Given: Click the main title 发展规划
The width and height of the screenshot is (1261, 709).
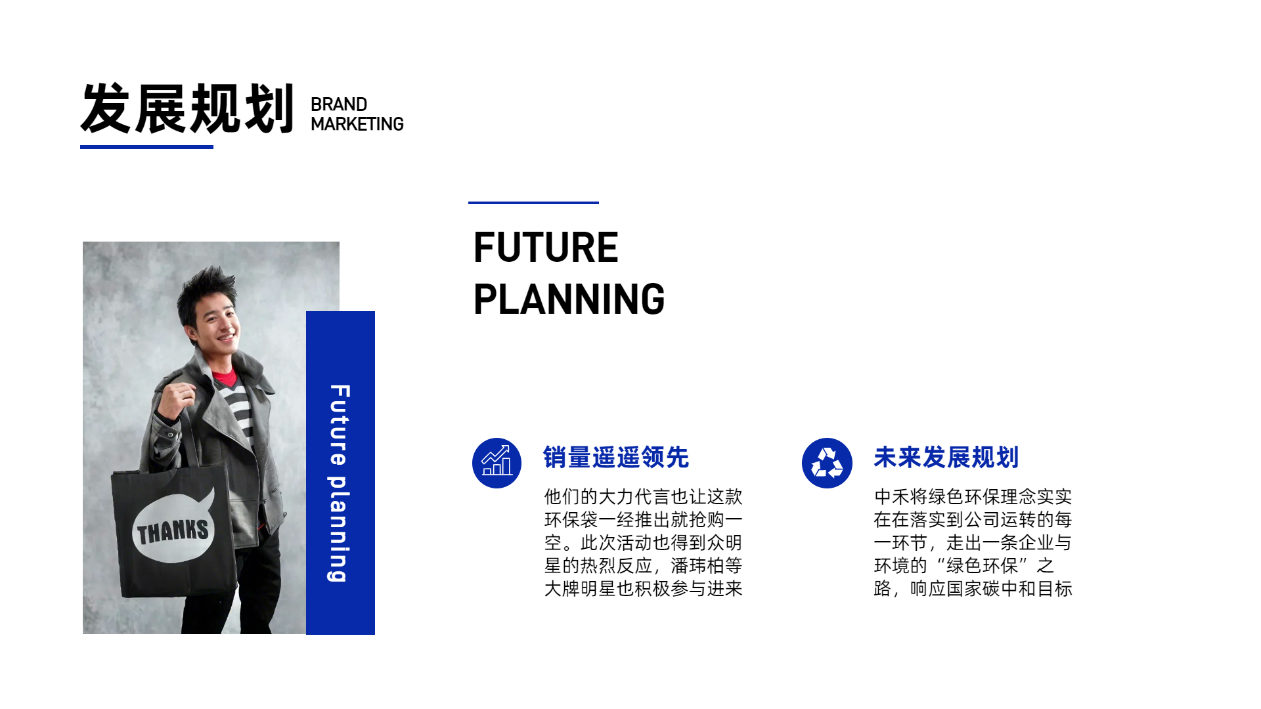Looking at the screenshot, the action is (187, 108).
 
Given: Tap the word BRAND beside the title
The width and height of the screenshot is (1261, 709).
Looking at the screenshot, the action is (339, 104).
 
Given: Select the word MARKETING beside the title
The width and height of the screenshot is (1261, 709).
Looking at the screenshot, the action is (357, 124).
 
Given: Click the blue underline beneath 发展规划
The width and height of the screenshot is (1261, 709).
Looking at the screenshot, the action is (146, 147).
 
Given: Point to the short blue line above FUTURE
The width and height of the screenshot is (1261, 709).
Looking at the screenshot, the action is (533, 203).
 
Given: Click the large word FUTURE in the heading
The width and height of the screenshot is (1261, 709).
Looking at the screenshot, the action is (546, 247).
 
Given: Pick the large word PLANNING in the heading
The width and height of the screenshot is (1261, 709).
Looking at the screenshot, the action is (569, 299).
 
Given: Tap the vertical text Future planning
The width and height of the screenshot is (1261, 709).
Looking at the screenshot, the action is (340, 483).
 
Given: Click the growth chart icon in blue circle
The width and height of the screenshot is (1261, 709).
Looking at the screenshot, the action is (497, 463).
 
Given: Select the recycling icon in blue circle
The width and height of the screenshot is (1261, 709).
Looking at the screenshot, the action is (827, 463).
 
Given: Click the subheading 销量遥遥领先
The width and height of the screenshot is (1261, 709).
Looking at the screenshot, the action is (616, 458).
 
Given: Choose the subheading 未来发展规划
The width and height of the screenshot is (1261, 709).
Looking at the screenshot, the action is (946, 458).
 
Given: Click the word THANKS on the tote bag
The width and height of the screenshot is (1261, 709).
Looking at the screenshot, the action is (173, 531).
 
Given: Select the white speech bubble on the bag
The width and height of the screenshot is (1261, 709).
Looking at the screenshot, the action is (173, 525).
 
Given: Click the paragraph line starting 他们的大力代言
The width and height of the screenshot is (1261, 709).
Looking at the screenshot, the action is (643, 497).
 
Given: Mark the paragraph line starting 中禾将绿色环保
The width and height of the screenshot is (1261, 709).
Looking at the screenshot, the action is (973, 497).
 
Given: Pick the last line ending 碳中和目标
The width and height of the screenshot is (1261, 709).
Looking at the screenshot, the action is (973, 589).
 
